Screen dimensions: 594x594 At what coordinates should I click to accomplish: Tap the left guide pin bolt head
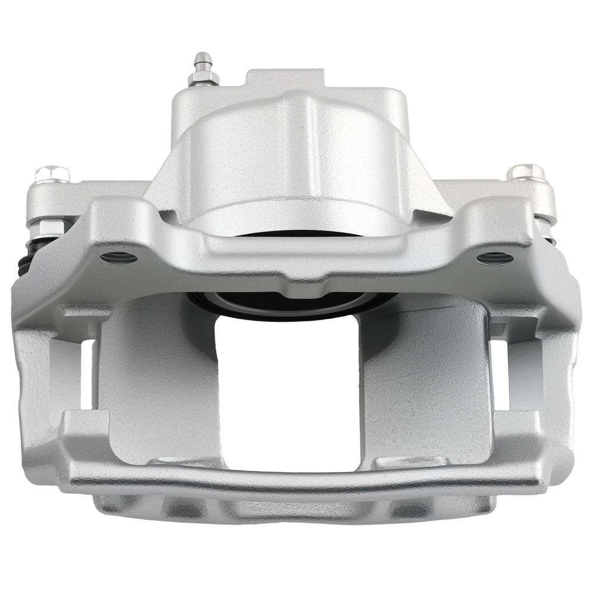(52, 173)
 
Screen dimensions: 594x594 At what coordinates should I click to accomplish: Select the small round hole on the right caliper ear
(495, 258)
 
